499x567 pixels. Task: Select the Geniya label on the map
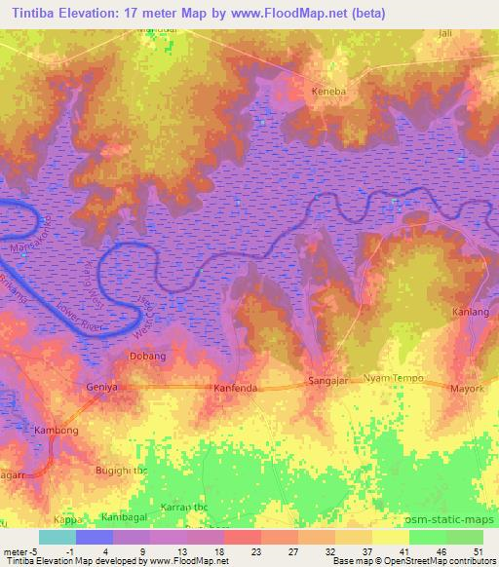(102, 387)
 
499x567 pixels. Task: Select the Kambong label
(56, 430)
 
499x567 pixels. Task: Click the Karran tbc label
(184, 509)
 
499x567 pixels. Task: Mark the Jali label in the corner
(474, 32)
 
